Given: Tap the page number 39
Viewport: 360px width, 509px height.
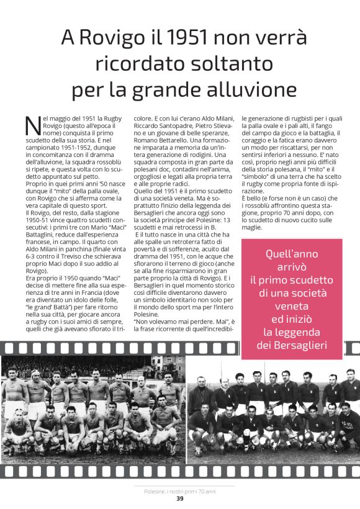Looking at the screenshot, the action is pyautogui.click(x=179, y=498).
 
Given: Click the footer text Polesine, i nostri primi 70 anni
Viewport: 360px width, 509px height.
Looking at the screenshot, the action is pyautogui.click(x=179, y=490).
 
